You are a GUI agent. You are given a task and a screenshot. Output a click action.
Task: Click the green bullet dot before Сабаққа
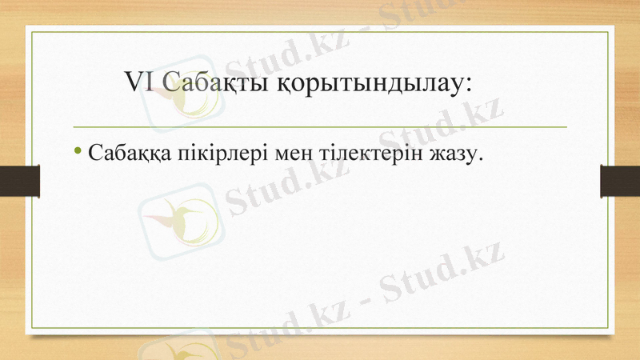pos(78,150)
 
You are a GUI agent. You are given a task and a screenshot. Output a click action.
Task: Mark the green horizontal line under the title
pos(320,126)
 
